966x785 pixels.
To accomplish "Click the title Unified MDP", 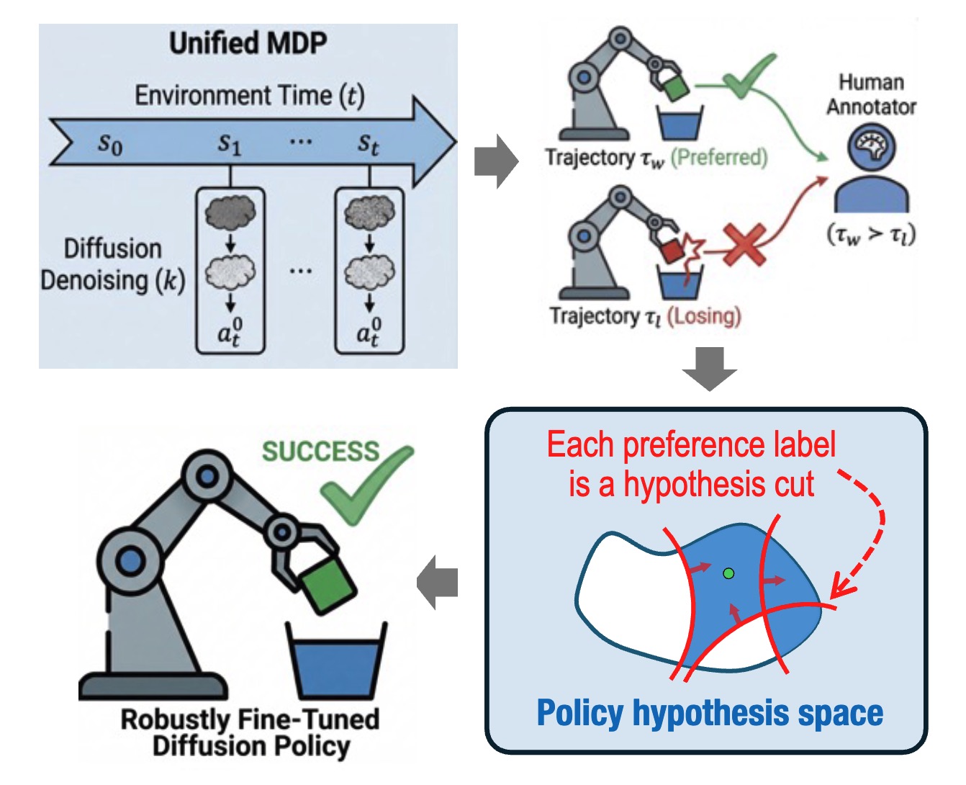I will click(x=248, y=43).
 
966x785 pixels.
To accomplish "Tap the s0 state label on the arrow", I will click(x=110, y=144).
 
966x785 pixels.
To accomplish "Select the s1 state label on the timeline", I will click(x=229, y=144).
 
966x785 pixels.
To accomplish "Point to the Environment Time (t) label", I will click(x=249, y=96).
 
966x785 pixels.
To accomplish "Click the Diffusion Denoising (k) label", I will click(x=112, y=264).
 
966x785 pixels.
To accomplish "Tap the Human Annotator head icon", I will click(x=871, y=146).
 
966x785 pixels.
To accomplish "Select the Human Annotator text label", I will click(x=871, y=94).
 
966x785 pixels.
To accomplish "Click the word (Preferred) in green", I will click(x=718, y=157).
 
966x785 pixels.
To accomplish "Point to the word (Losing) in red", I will click(x=703, y=315).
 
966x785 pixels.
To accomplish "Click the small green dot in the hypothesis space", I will click(x=728, y=573).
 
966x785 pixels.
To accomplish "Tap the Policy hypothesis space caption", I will click(x=710, y=713).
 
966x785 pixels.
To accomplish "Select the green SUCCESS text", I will click(x=320, y=452).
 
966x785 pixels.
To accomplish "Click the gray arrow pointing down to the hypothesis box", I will click(x=710, y=369).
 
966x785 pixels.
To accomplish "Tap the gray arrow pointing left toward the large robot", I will click(x=438, y=582).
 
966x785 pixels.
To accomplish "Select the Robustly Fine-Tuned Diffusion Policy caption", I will click(x=250, y=732).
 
